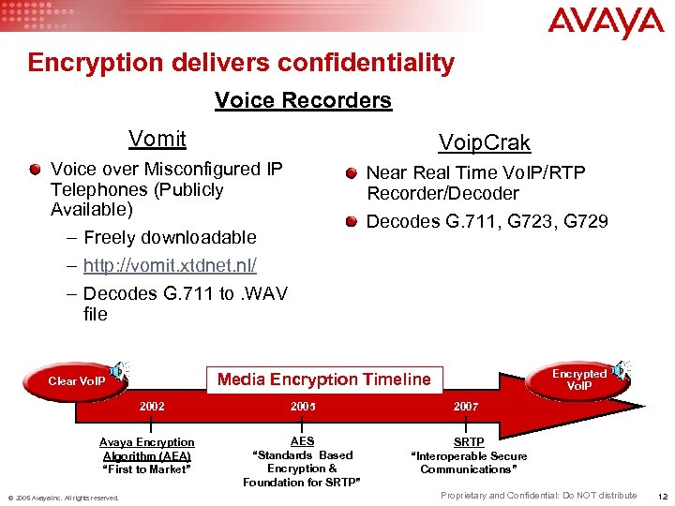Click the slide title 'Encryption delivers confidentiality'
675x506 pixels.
point(241,63)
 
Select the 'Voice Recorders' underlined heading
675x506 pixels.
point(303,100)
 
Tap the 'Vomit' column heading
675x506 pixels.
point(157,140)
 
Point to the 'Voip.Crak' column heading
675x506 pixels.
point(485,143)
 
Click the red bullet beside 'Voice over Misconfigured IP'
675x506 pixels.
point(35,170)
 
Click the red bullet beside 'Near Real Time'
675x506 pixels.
point(351,173)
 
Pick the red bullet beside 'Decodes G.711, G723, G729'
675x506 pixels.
point(351,222)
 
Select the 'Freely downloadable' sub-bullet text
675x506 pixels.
point(170,237)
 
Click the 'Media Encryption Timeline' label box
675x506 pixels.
point(323,379)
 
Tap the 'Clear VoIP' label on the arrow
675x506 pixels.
point(77,381)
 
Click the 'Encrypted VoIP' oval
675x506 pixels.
point(578,379)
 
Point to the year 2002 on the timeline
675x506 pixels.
point(152,407)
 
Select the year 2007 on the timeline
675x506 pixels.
point(466,407)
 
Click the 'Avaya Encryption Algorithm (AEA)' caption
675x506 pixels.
point(147,449)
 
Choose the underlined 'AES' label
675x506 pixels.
point(302,441)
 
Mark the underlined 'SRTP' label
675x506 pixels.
point(469,441)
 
